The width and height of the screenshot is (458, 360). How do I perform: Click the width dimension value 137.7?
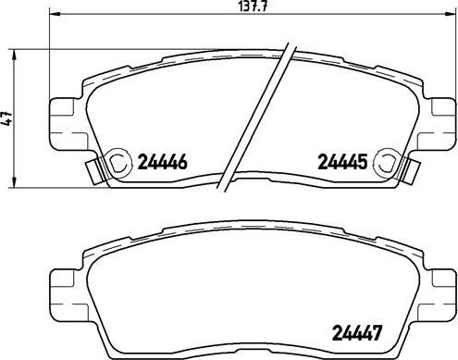253,7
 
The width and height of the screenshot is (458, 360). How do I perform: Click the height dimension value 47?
7,118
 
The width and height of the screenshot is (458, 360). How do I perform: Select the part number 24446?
162,162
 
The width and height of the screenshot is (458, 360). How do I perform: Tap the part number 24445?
342,162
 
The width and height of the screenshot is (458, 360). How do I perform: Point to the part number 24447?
356,333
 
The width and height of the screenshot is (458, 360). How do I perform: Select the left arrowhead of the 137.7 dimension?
55,14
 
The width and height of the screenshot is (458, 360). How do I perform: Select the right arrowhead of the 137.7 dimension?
451,14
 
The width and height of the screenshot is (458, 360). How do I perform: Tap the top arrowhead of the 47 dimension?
13,56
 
